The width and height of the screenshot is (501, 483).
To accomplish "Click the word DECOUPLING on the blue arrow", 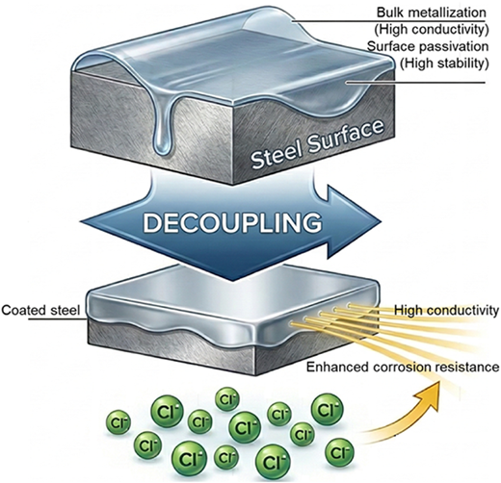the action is [x=232, y=222].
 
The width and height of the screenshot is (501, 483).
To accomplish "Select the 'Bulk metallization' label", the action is [x=432, y=13].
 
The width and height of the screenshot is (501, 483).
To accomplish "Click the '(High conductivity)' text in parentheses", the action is [x=432, y=30].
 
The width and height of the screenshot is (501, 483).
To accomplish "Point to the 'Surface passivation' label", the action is [x=428, y=46].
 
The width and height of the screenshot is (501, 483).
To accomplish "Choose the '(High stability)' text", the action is [x=444, y=64].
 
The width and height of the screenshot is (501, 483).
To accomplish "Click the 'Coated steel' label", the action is [x=40, y=311].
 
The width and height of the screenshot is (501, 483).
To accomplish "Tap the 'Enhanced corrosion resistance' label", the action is [x=403, y=367].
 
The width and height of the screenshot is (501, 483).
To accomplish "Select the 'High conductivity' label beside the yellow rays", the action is [x=447, y=310].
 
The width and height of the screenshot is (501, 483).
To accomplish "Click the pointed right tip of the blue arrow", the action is [x=382, y=221].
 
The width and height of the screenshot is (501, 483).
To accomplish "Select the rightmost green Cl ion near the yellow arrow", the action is [x=339, y=453].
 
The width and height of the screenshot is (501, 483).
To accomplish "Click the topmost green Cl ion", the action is [x=227, y=399].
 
